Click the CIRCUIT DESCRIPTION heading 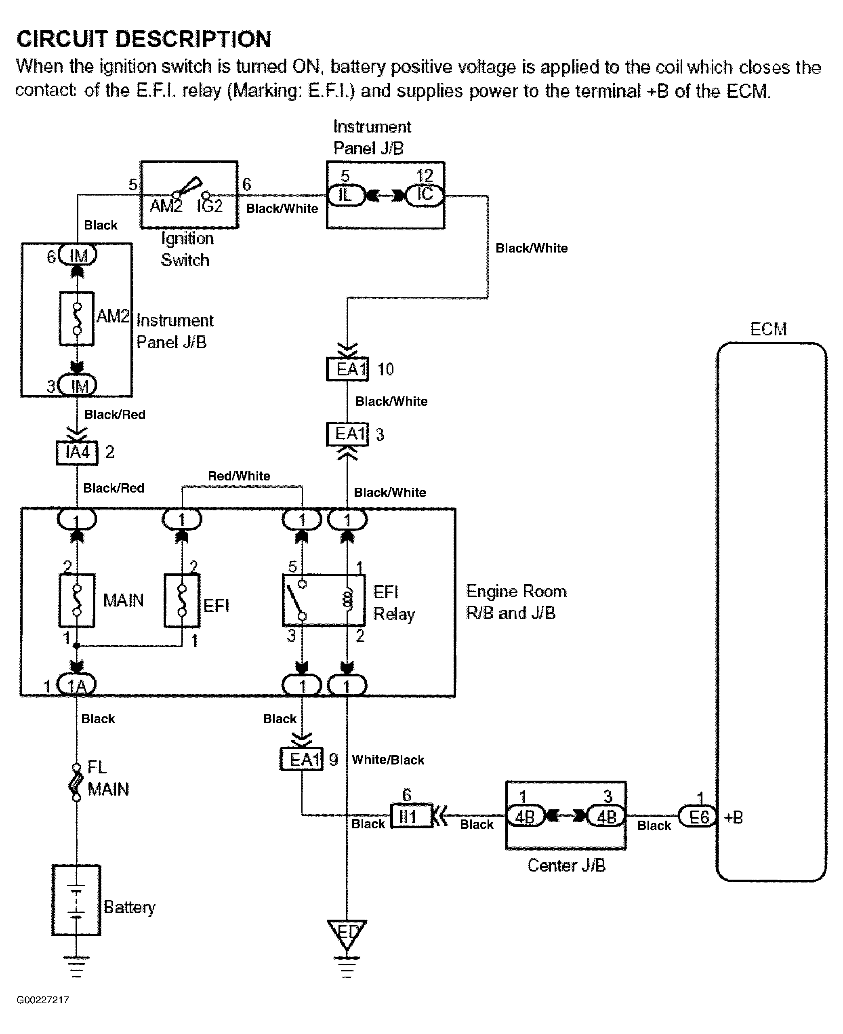[x=144, y=39]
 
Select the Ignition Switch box [x=189, y=194]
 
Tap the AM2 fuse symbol [x=77, y=318]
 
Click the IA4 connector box [x=77, y=453]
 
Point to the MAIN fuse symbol [x=77, y=600]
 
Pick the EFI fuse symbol [x=182, y=600]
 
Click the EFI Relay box [x=324, y=600]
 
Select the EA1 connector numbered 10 [x=347, y=369]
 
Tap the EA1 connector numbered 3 [x=347, y=434]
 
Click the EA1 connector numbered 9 [x=302, y=758]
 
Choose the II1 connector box [x=411, y=817]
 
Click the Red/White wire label [x=239, y=476]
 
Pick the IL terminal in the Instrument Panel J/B [x=345, y=195]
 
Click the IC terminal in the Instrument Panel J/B [x=425, y=195]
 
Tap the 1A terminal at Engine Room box [x=77, y=685]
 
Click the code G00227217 [x=43, y=1000]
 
